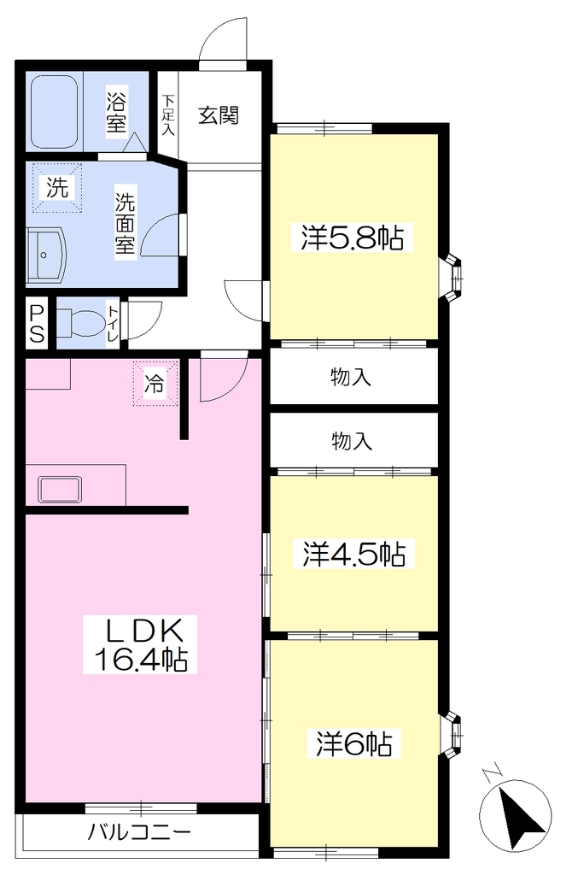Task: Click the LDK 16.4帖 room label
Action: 140,643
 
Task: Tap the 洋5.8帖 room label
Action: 353,238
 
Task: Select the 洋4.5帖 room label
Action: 354,554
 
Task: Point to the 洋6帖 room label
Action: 354,744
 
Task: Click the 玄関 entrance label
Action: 219,115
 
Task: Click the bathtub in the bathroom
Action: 55,111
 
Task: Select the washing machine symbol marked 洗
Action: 57,187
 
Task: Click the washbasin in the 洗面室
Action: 47,255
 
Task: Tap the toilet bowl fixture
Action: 79,322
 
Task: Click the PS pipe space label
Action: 37,322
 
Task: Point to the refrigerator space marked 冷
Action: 155,384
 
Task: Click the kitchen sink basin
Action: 60,490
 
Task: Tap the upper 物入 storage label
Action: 351,377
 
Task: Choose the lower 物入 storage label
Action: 352,441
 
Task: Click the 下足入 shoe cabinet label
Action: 168,115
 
